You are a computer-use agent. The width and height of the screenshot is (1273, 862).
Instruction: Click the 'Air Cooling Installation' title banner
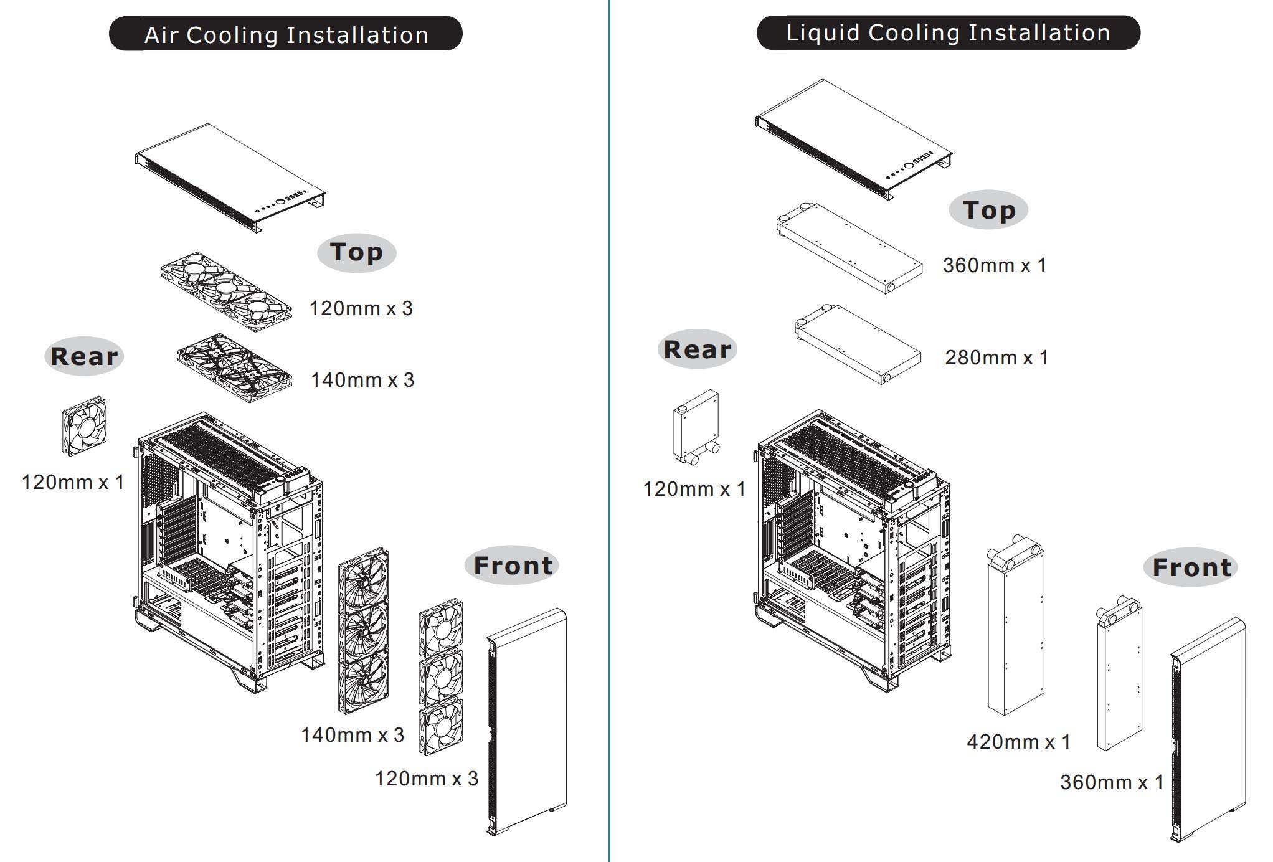click(286, 34)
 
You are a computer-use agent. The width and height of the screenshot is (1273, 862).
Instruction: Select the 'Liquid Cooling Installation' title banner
click(948, 32)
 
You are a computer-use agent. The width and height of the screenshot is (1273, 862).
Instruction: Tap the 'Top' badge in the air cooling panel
click(357, 253)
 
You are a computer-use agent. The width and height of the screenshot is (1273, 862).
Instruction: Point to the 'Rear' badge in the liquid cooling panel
click(698, 349)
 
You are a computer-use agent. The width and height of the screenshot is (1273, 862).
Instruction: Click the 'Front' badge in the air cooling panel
click(512, 566)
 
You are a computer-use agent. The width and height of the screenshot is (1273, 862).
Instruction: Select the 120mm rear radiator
click(697, 428)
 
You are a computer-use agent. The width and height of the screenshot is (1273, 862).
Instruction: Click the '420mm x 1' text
click(1018, 742)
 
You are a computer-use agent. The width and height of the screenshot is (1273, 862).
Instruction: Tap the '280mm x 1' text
click(996, 358)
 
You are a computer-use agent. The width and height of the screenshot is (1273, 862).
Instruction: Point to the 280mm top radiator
click(858, 344)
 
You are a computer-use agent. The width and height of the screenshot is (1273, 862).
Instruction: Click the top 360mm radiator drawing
click(850, 249)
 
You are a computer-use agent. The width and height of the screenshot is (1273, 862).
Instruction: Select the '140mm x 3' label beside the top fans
click(362, 380)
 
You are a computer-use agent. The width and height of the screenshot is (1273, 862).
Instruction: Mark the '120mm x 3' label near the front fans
click(427, 779)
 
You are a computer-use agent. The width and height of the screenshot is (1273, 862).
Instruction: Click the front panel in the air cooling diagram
click(526, 721)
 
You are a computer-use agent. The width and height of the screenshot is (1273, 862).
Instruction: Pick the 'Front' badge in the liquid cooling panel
click(1191, 567)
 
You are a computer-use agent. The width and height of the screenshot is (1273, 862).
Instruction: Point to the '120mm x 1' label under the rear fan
click(73, 482)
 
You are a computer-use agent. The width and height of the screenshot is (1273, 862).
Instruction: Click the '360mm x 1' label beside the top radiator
click(995, 265)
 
